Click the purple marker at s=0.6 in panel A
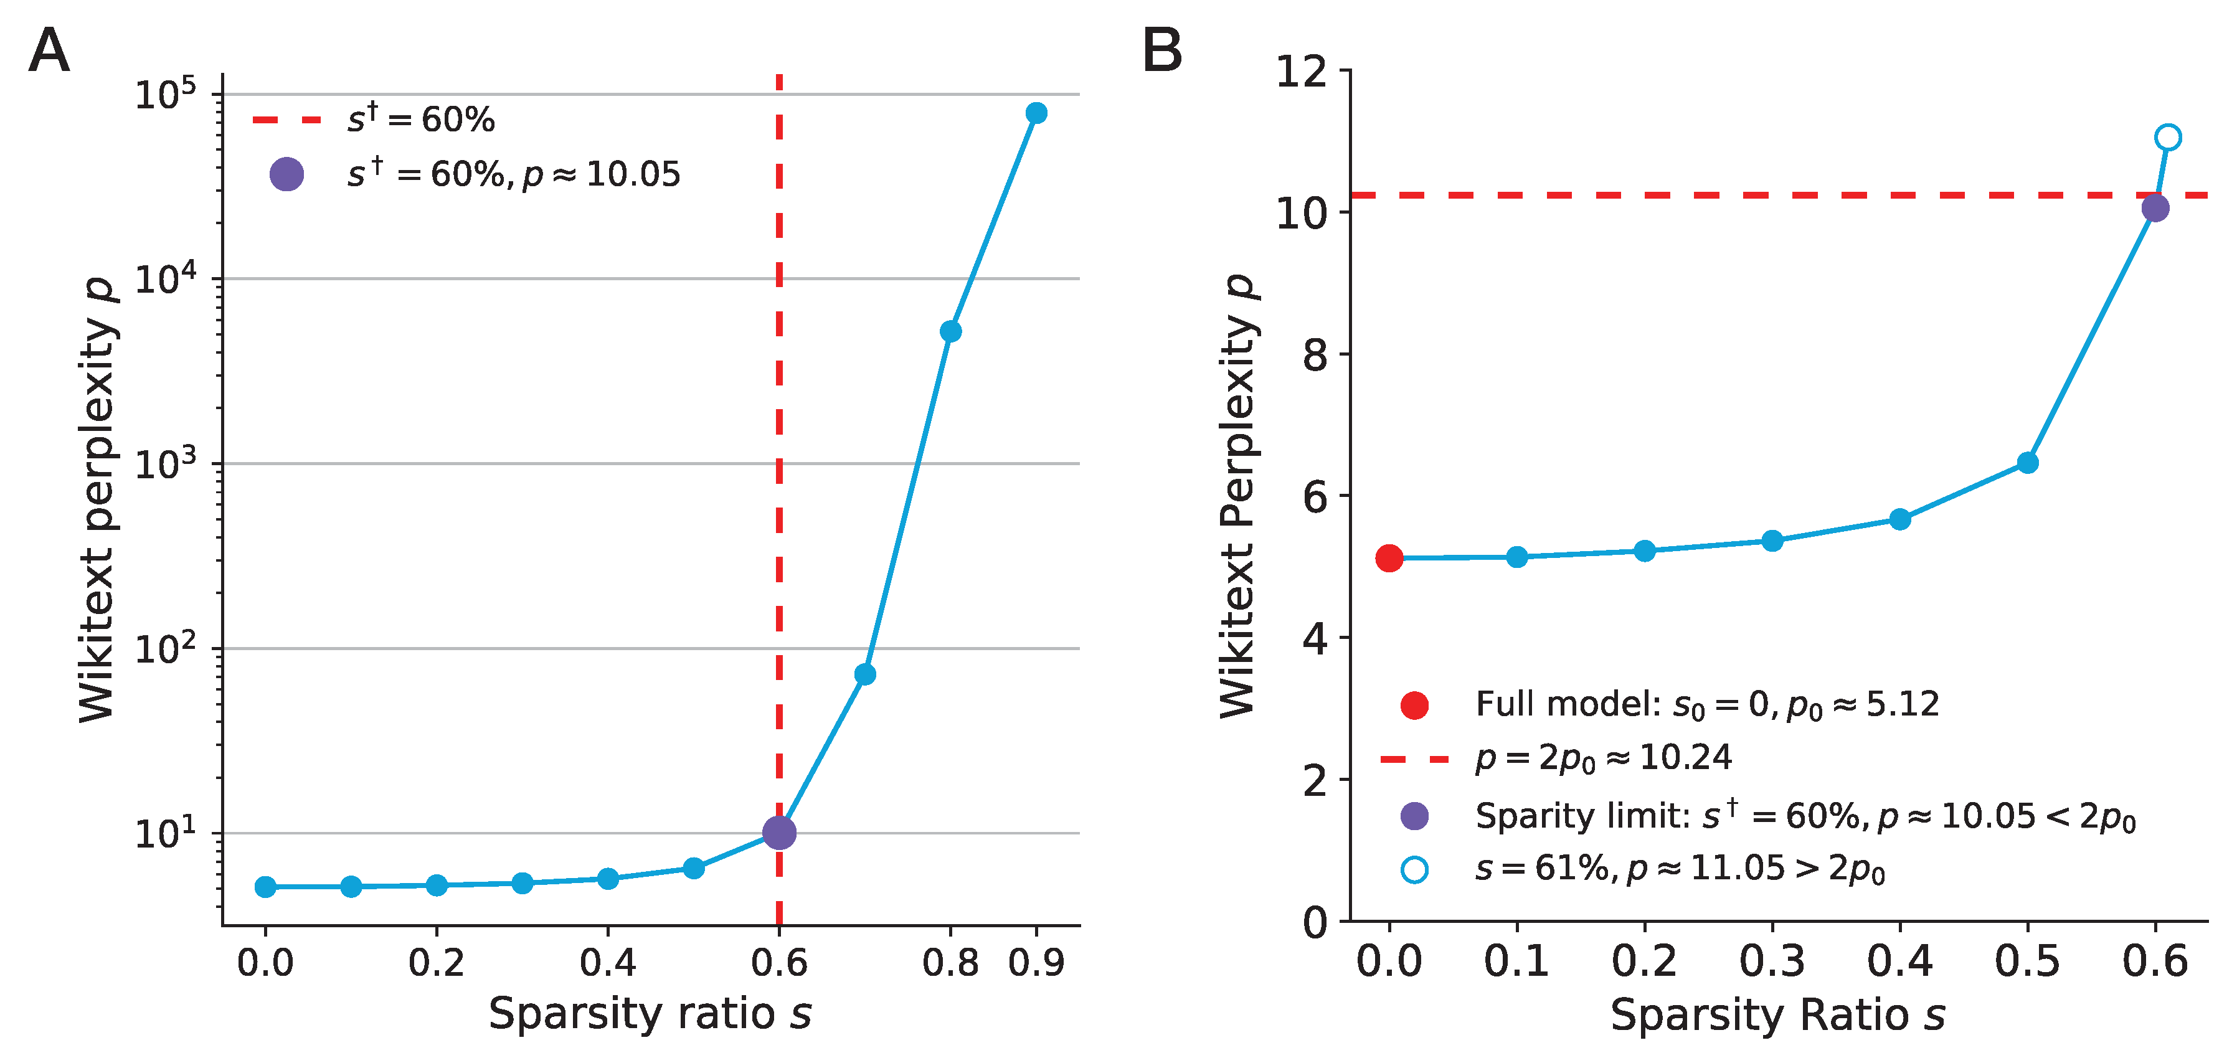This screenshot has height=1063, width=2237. pos(779,832)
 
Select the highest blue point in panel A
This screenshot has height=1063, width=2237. pos(1036,113)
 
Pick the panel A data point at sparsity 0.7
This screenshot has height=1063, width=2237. pos(865,674)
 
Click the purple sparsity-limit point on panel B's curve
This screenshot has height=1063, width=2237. pos(2155,207)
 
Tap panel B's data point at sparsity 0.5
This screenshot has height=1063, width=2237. pos(2028,462)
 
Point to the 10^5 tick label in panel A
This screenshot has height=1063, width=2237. pos(165,94)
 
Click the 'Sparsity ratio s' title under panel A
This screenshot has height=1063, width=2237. pos(650,1014)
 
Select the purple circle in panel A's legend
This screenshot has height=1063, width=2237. pos(286,174)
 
